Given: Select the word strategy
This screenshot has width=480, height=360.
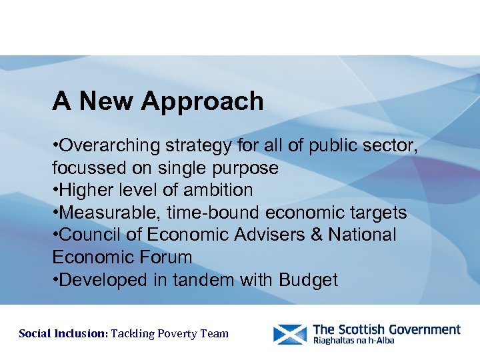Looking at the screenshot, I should (211, 145).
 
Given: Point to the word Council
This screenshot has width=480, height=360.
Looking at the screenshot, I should (91, 235).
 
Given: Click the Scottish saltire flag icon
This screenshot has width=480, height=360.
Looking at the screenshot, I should (290, 334).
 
